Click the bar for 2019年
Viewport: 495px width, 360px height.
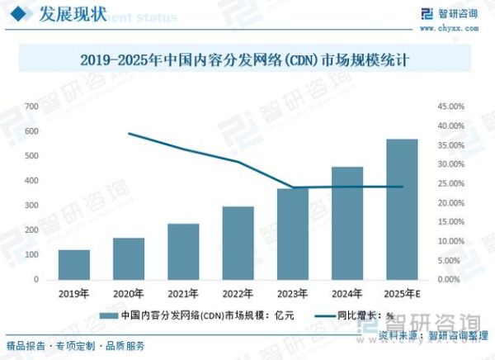74,264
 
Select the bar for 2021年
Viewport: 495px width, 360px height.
183,251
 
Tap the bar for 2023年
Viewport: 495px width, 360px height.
292,234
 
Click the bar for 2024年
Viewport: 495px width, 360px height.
347,223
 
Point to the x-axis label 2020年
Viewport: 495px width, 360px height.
129,293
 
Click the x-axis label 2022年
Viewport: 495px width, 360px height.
238,293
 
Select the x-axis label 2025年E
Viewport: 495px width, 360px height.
402,293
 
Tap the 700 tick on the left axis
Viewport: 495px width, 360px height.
31,107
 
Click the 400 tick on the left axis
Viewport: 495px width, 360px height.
31,181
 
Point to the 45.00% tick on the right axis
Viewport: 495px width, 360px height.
450,107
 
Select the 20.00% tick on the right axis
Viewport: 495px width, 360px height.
450,202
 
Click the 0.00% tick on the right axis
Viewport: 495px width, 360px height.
452,279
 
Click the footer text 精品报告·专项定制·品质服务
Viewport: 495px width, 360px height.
75,345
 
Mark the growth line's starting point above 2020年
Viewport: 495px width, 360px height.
129,133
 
